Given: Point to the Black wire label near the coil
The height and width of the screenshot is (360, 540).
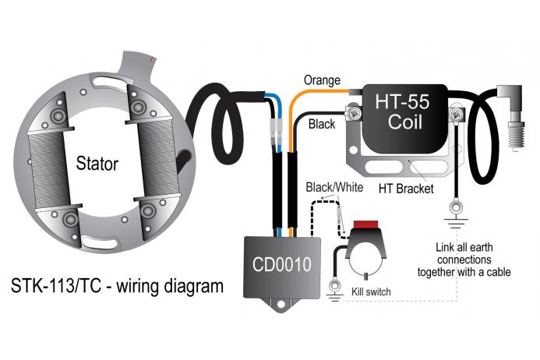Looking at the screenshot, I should (x=322, y=124).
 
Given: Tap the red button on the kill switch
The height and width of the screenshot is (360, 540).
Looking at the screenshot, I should (x=366, y=227).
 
